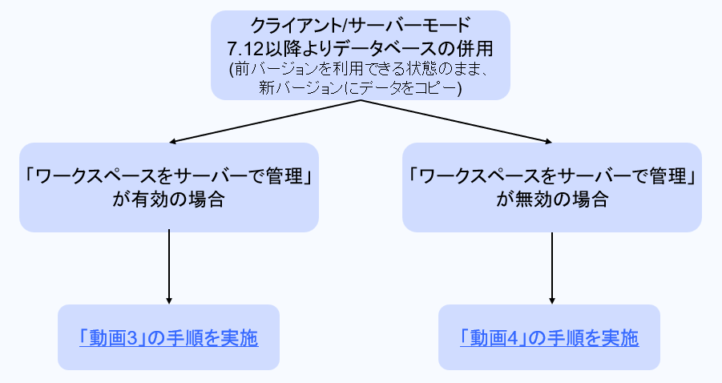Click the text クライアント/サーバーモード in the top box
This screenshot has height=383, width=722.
pos(360,26)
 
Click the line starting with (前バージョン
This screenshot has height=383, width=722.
pos(360,69)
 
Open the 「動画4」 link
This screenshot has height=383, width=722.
pos(490,337)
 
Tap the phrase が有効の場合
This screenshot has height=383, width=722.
pos(168,199)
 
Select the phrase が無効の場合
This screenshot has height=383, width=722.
pos(552,199)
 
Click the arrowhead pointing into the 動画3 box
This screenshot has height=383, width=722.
pos(169,300)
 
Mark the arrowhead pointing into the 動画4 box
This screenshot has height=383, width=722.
pos(553,300)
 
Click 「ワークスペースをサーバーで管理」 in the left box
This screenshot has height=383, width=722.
pos(168,174)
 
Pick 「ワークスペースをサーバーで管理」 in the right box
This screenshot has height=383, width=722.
pos(552,174)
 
